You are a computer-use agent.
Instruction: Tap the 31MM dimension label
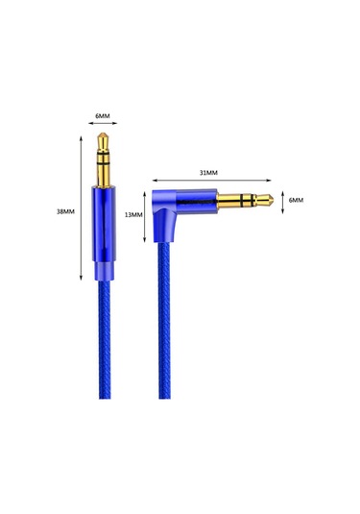pos(208,173)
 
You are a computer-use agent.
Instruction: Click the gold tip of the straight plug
pos(102,142)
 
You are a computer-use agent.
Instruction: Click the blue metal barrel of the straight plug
pos(102,219)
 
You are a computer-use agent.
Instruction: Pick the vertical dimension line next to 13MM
pos(146,215)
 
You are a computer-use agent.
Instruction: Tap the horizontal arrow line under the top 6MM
pos(102,126)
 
